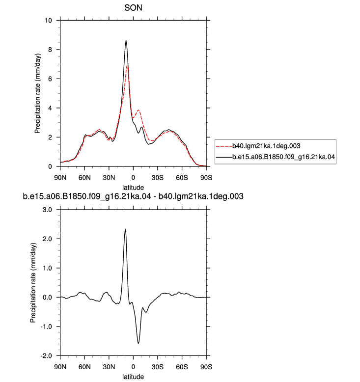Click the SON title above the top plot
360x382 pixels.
(x=133, y=8)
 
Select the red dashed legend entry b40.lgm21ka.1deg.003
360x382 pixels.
(x=258, y=146)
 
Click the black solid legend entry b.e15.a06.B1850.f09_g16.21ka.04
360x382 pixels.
(x=276, y=157)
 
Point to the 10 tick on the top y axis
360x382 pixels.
(x=48, y=20)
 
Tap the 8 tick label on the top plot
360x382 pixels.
(x=50, y=50)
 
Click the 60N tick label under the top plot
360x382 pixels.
(x=84, y=178)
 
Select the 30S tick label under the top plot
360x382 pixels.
(x=158, y=178)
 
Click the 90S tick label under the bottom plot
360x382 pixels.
(x=206, y=367)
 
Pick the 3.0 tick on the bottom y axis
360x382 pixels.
(x=47, y=210)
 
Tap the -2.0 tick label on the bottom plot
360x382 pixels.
(x=46, y=356)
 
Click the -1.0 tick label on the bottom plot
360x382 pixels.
(x=46, y=327)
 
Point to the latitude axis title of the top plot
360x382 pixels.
(x=133, y=188)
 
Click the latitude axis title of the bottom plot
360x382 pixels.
(x=133, y=377)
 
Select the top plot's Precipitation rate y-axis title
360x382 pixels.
(x=38, y=93)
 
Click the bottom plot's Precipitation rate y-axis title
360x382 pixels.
(x=33, y=283)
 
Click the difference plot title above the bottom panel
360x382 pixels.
(x=133, y=196)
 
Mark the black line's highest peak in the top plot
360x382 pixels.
(x=126, y=40)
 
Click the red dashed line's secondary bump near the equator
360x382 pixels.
(x=138, y=110)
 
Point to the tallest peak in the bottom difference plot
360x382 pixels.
(x=125, y=229)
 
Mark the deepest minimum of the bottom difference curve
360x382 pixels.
(x=138, y=344)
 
